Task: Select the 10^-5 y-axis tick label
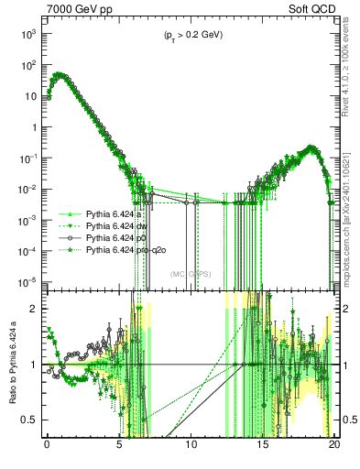tap(27, 281)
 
